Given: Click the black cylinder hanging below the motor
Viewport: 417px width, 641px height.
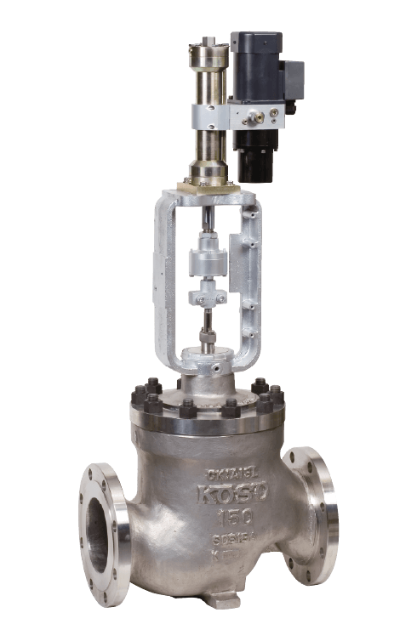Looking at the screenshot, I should tap(255, 155).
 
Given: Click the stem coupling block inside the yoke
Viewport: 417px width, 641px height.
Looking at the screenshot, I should tap(208, 258).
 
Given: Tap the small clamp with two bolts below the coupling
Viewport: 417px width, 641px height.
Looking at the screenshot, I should tap(208, 298).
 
